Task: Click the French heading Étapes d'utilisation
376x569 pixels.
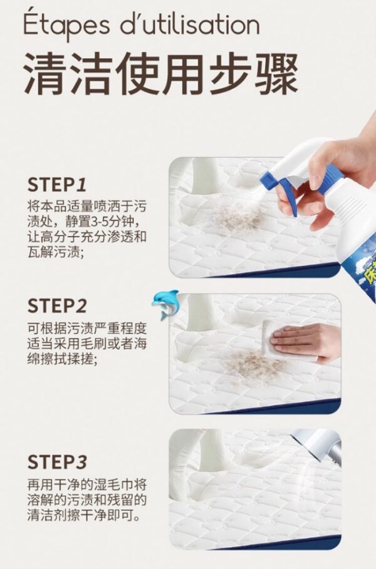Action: [142, 26]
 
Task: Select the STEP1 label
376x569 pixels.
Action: [57, 185]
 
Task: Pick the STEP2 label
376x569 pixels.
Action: [57, 306]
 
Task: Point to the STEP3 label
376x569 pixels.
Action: [57, 462]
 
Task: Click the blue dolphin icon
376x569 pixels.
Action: [165, 304]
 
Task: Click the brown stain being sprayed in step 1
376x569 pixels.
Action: [236, 217]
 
